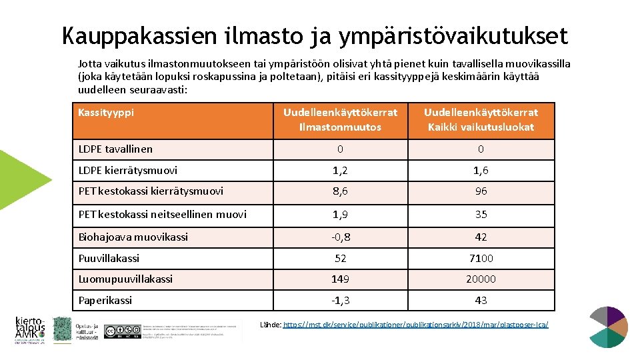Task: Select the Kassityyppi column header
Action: [x=106, y=112]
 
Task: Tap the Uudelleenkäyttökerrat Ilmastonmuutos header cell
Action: [x=340, y=119]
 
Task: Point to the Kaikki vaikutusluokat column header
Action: [x=481, y=119]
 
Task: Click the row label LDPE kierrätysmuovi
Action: [x=128, y=171]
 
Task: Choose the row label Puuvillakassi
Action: [x=109, y=258]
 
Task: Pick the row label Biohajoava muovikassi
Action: [x=133, y=237]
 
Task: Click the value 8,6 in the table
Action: [x=340, y=191]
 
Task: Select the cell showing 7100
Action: [x=481, y=258]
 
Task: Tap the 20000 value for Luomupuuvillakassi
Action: [x=481, y=279]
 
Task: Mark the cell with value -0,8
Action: [x=340, y=237]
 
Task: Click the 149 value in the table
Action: [x=340, y=279]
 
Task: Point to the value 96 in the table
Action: [x=481, y=191]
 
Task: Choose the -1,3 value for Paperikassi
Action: [x=340, y=301]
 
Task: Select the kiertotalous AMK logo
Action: [x=30, y=329]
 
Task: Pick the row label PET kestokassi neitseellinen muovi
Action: [x=163, y=214]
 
